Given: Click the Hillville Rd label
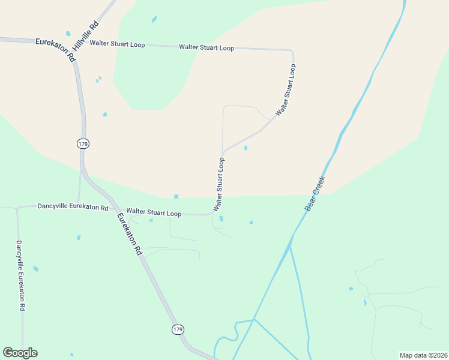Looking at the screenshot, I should click(x=85, y=37).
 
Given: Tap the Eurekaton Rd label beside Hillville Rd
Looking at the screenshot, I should click(x=55, y=50).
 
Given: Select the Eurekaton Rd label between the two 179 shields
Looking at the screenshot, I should click(x=129, y=234).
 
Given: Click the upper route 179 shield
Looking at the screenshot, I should click(x=83, y=143).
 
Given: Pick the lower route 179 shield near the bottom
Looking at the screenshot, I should click(x=177, y=329).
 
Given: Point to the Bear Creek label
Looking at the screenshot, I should click(x=315, y=193).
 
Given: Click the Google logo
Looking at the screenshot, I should click(x=20, y=353).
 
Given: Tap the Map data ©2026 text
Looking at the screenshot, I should click(x=423, y=355).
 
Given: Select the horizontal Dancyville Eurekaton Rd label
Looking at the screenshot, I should click(x=73, y=207).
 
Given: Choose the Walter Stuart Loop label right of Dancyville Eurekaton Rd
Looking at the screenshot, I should click(x=154, y=213).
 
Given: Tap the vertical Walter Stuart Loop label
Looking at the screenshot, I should click(x=219, y=184).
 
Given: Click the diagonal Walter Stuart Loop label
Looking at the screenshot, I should click(x=286, y=90).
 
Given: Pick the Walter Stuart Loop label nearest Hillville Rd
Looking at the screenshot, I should click(x=116, y=44).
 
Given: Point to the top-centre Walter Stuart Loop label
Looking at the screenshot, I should click(x=206, y=47).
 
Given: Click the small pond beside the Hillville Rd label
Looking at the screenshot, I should click(x=68, y=34).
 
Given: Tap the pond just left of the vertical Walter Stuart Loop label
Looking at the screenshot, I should click(x=176, y=196).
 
